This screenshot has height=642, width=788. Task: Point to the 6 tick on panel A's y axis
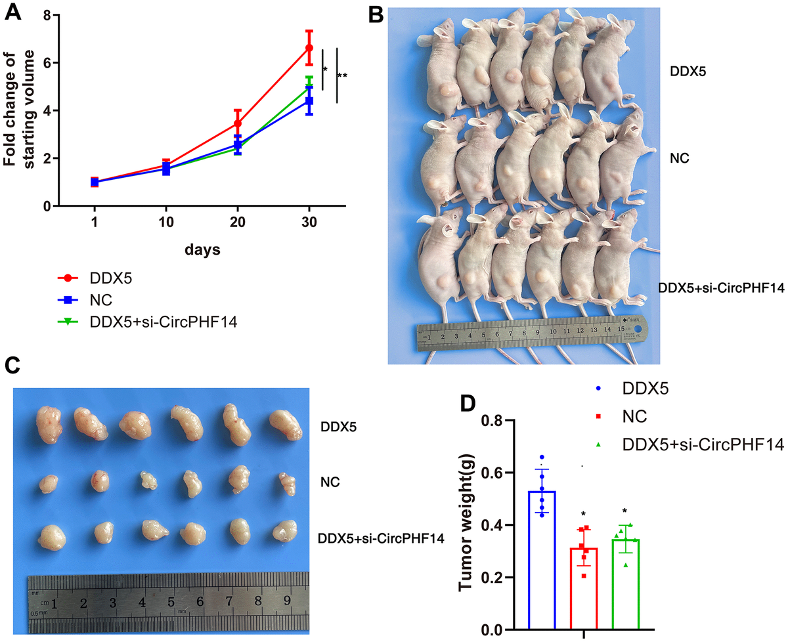[x=45, y=63]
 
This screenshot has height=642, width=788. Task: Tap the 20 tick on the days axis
[x=238, y=223]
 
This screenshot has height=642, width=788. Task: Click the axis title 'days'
[x=202, y=250]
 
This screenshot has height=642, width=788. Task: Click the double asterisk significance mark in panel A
[x=342, y=76]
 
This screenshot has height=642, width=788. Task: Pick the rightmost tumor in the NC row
[x=287, y=486]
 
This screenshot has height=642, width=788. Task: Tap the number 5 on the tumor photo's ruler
[x=171, y=602]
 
